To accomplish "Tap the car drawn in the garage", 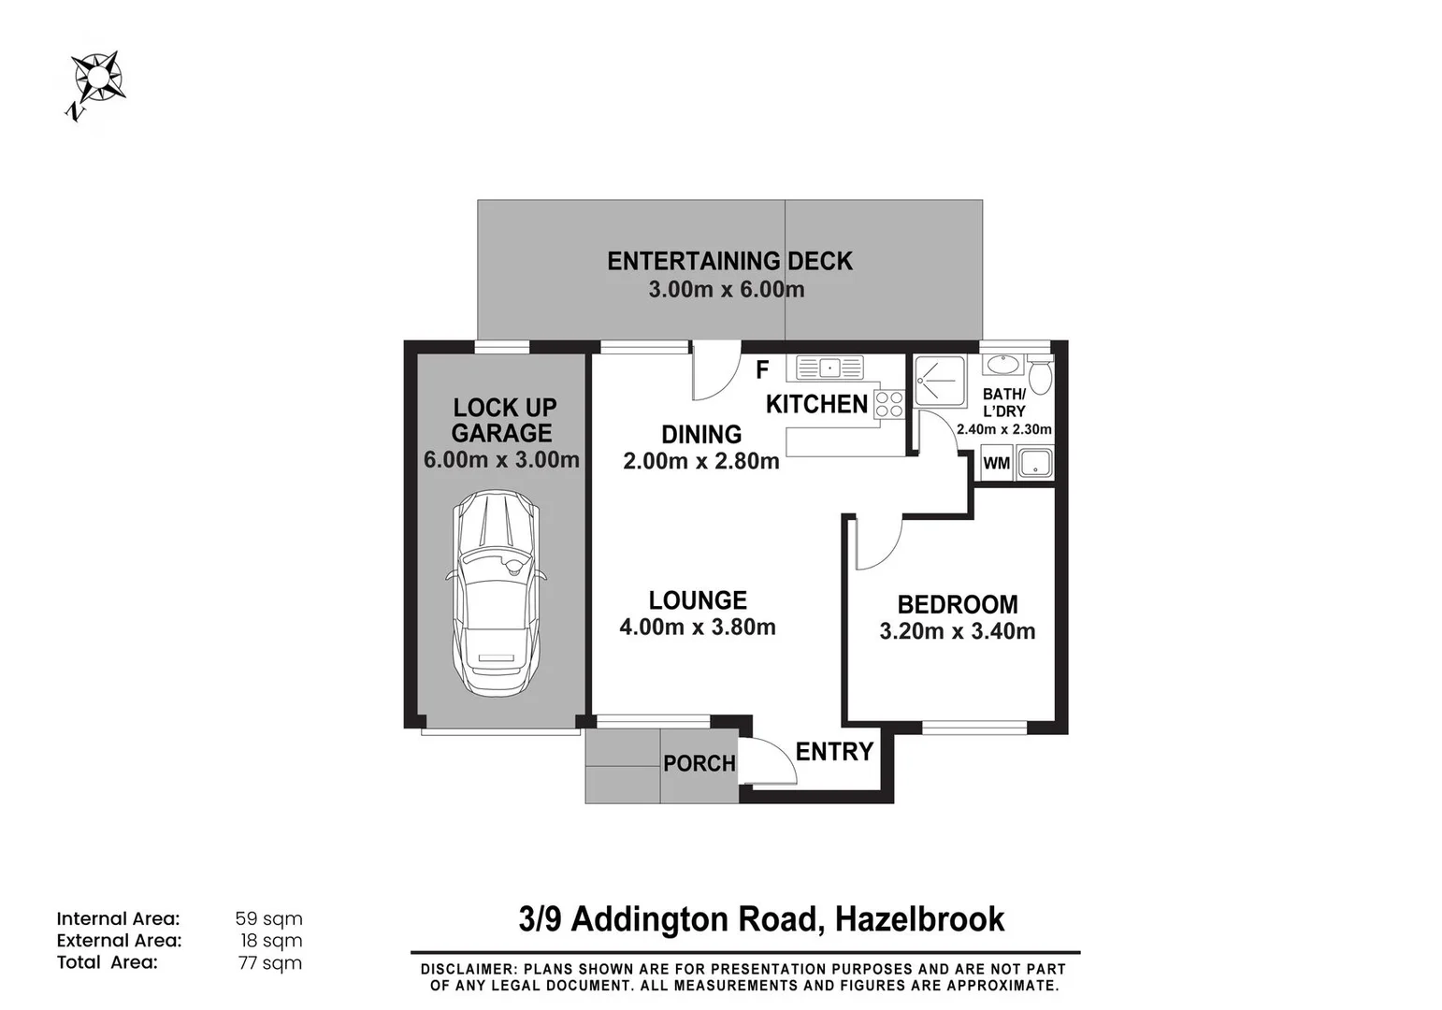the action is pyautogui.click(x=496, y=593).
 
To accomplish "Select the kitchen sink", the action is pyautogui.click(x=829, y=368).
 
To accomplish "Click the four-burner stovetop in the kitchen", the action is pyautogui.click(x=889, y=404).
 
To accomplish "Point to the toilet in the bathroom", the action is pyautogui.click(x=1039, y=375).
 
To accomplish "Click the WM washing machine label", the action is pyautogui.click(x=997, y=463).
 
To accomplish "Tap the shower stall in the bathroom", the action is pyautogui.click(x=941, y=381).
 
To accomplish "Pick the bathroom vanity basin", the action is pyautogui.click(x=1002, y=365).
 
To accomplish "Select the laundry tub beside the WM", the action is pyautogui.click(x=1034, y=462).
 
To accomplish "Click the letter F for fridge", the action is pyautogui.click(x=762, y=369).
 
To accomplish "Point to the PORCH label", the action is pyautogui.click(x=699, y=763).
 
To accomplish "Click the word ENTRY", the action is pyautogui.click(x=834, y=751).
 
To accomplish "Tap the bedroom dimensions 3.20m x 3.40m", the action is pyautogui.click(x=958, y=631).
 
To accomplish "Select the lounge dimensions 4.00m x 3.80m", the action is pyautogui.click(x=698, y=627).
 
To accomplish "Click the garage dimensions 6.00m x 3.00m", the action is pyautogui.click(x=501, y=459).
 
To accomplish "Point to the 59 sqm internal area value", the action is pyautogui.click(x=268, y=918).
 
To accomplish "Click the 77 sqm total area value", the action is pyautogui.click(x=269, y=963).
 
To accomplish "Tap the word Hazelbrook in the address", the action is pyautogui.click(x=919, y=918).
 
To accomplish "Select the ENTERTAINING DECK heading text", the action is pyautogui.click(x=730, y=261).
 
